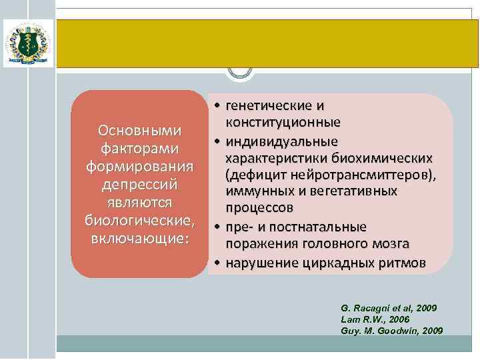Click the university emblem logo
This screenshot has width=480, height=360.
pos(27,43)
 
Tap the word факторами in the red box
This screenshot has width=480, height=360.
pos(139,146)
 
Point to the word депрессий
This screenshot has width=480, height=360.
pos(139,183)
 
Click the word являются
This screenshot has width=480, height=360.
pos(139,201)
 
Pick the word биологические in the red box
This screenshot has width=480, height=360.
pos(139,219)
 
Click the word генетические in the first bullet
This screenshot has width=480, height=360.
pos(269,106)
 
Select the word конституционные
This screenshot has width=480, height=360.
pos(283,123)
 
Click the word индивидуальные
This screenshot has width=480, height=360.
pos(281,141)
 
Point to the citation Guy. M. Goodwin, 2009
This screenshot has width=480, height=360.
pos(391,331)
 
